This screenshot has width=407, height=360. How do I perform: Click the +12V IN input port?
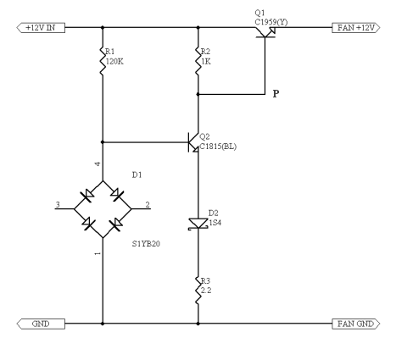(41, 28)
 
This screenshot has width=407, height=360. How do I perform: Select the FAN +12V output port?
(356, 28)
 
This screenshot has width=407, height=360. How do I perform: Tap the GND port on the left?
(41, 324)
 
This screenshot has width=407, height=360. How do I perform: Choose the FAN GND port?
(356, 324)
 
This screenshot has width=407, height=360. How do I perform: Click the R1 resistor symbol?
(103, 61)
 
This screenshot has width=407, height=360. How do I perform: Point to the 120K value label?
(114, 62)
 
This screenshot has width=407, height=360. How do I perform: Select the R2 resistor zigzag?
(198, 61)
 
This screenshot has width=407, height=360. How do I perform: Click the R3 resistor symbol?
(198, 291)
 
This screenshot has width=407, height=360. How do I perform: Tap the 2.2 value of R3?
(206, 291)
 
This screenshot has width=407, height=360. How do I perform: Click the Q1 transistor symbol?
(265, 32)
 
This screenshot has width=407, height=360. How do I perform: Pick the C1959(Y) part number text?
(271, 22)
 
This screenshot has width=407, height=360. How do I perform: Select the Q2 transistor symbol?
(193, 142)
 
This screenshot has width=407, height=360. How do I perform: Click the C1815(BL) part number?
(218, 147)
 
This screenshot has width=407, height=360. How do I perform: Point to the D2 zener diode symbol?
(198, 224)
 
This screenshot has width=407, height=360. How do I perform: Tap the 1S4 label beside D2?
(215, 223)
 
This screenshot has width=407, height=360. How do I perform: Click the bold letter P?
(276, 94)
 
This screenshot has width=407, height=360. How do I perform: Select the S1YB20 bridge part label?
(146, 244)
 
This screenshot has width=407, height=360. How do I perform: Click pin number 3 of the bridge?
(58, 204)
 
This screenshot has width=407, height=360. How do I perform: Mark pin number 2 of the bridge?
(148, 204)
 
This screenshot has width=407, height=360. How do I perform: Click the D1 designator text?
(137, 175)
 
